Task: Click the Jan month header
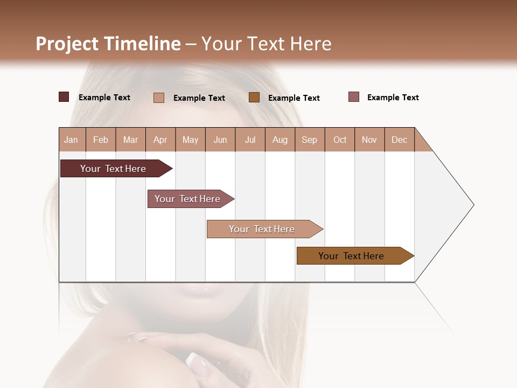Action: point(72,140)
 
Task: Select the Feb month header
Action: point(101,140)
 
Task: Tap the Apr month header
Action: point(160,140)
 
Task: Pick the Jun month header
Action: point(220,140)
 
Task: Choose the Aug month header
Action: point(280,140)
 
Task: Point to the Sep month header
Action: point(310,140)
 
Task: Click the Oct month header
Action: point(340,140)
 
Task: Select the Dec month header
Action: point(400,140)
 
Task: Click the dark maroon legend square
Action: point(64,97)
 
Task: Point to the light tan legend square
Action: point(159,98)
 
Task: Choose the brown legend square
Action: point(254,97)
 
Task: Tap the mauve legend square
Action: point(354,97)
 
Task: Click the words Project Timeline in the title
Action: point(108,44)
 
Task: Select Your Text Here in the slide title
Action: point(267,44)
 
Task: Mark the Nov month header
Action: point(369,140)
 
